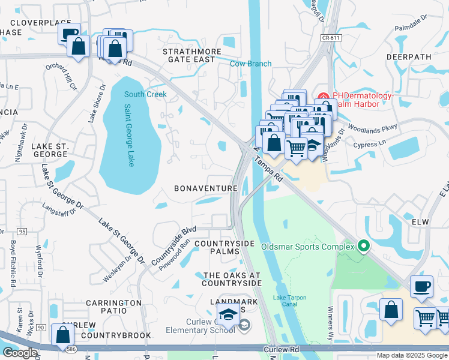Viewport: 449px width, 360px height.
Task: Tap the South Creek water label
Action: tap(145, 94)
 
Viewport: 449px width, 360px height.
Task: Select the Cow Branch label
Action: tap(251, 64)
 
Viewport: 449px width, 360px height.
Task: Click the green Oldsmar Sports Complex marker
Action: tap(362, 245)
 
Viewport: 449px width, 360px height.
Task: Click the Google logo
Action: tap(20, 353)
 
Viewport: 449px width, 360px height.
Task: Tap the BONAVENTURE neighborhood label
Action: tap(206, 188)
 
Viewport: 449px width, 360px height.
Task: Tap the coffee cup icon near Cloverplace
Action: tap(70, 34)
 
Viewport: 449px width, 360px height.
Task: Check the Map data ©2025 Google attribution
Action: tap(412, 355)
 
